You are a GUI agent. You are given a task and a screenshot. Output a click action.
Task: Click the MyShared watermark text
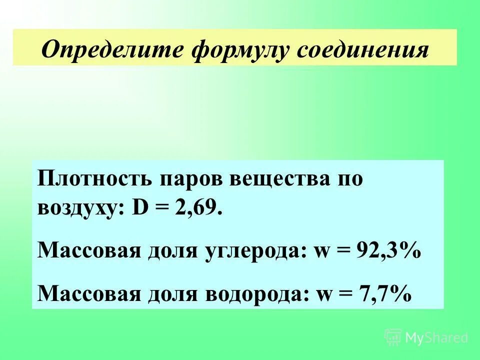coord(436,338)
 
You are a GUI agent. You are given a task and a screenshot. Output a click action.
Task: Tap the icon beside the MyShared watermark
coord(393,337)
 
